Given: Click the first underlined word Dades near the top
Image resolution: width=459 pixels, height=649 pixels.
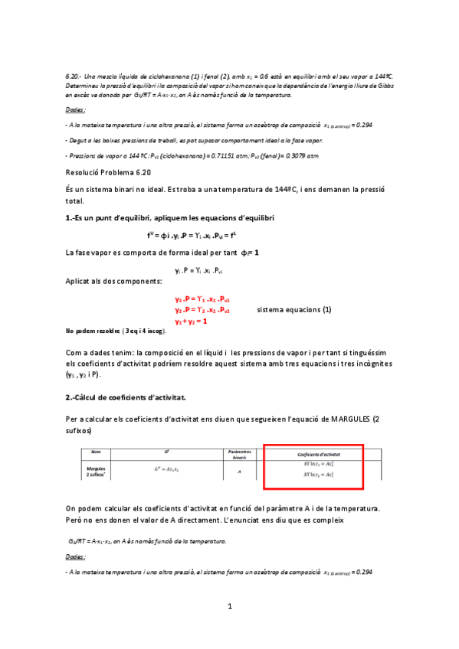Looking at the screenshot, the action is (75, 110).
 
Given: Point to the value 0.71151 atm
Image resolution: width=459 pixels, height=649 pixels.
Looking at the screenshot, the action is (234, 155).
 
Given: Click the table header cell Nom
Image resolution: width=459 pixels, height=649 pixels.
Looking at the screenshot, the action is (96, 452).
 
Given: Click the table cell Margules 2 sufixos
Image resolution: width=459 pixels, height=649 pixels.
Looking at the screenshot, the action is (96, 470).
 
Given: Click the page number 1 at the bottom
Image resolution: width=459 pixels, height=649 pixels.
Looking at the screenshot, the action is (229, 607).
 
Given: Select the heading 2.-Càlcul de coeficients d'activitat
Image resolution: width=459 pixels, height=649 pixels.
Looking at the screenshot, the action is (126, 398).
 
